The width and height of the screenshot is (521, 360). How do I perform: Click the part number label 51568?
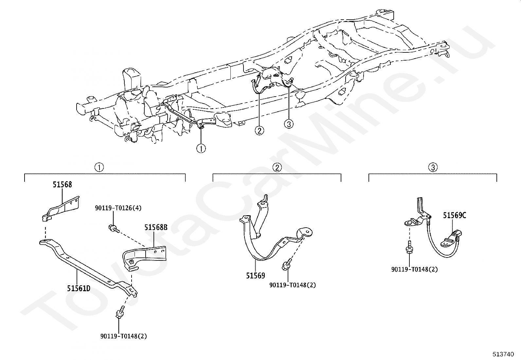(x=62, y=185)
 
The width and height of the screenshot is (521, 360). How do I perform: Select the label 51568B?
(x=156, y=227)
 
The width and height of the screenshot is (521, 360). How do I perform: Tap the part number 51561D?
(x=79, y=288)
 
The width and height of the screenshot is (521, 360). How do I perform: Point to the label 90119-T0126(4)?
(x=118, y=208)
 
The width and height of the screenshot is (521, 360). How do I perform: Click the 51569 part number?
(x=256, y=275)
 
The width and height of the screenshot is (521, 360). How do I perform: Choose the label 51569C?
(x=455, y=215)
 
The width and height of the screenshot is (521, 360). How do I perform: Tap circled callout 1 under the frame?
(x=201, y=148)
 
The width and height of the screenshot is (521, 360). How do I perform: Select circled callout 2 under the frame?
(x=259, y=131)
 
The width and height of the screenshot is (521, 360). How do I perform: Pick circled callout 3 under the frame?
(x=289, y=124)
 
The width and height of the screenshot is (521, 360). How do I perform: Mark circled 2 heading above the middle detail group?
(x=277, y=167)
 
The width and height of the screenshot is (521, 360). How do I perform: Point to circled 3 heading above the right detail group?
(x=433, y=167)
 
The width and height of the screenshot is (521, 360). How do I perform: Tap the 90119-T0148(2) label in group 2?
(x=293, y=285)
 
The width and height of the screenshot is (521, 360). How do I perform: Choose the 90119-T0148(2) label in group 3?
(x=414, y=269)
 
